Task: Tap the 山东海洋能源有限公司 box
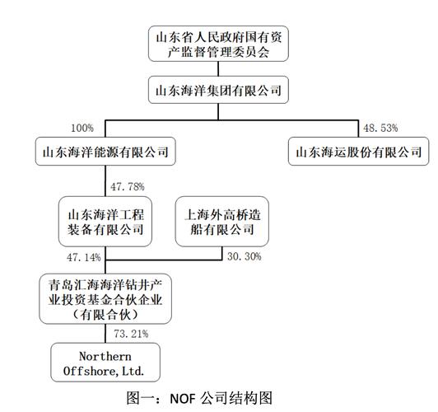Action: coord(106,152)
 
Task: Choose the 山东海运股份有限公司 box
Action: coord(359,152)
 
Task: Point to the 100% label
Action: coord(82,129)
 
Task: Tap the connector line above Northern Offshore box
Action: coord(105,334)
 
